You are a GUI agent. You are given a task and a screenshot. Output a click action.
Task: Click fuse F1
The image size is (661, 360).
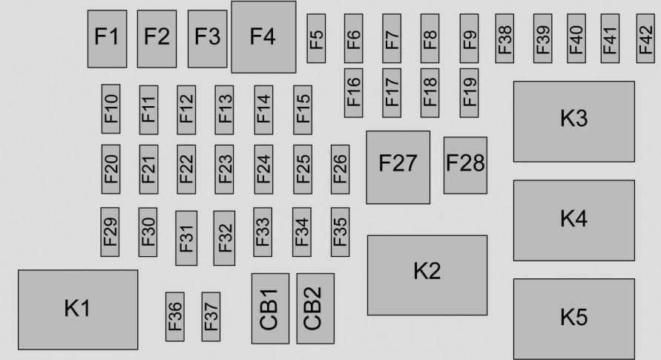[107, 39]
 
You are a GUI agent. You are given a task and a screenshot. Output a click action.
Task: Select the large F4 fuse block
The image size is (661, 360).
[263, 37]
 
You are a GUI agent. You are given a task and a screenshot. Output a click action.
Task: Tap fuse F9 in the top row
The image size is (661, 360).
[469, 39]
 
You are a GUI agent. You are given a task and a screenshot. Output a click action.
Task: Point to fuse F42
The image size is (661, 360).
[645, 39]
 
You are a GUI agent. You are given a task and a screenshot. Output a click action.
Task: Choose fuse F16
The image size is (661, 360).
[354, 93]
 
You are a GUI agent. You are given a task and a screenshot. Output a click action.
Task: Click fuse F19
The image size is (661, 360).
[469, 93]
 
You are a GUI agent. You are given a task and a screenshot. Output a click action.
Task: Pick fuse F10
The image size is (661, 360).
[111, 109]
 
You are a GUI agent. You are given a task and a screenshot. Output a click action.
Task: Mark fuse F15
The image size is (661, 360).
[303, 110]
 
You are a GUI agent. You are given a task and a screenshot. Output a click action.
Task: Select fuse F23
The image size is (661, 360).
[224, 169]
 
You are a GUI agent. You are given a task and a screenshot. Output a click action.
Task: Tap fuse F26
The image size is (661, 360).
[341, 169]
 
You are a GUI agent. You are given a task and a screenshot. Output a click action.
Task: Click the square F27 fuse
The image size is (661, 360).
[398, 167]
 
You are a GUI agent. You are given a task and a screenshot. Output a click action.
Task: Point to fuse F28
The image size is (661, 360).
[465, 166]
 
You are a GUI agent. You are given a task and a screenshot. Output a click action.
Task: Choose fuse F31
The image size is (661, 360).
[186, 238]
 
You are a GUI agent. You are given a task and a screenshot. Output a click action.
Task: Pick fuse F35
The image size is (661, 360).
[341, 232]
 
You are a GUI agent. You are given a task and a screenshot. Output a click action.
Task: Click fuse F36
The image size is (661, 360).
[175, 317]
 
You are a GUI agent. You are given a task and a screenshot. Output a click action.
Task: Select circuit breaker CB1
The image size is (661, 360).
[271, 309]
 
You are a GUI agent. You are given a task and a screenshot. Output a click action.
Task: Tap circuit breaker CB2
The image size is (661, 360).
[315, 309]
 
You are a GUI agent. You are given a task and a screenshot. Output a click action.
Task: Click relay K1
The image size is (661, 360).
[78, 310]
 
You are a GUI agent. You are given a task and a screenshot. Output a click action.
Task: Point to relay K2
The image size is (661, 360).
[427, 275]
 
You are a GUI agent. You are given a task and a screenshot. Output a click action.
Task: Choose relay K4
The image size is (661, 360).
[574, 220]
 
